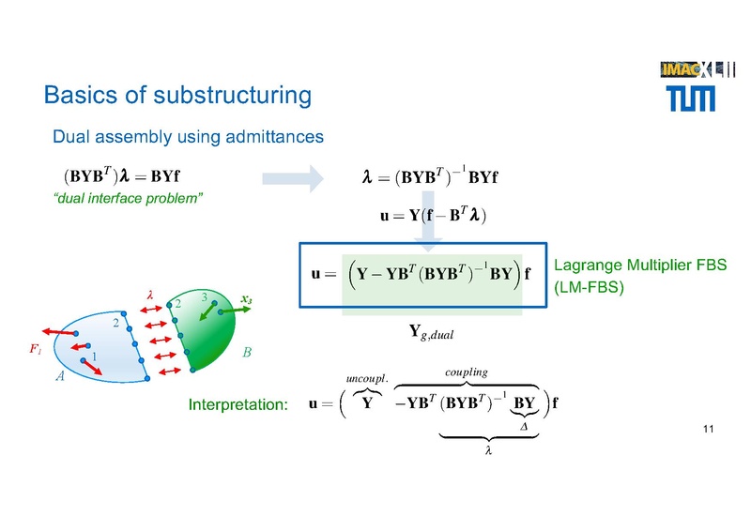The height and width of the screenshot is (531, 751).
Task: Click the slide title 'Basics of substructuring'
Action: (177, 96)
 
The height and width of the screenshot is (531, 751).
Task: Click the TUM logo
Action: (690, 96)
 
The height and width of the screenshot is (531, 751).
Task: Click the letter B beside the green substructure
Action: (247, 354)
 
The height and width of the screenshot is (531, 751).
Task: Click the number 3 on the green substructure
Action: (204, 297)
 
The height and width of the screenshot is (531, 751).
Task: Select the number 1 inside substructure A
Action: (94, 357)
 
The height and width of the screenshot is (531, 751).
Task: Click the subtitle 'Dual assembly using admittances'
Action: (188, 137)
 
